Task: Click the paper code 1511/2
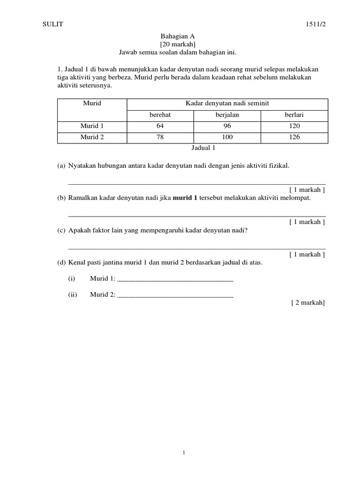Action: pos(315,25)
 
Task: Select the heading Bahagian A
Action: pos(178,36)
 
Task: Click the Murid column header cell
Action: pos(92,103)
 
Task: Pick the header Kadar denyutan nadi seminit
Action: pos(227,103)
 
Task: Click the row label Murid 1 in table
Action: pos(92,126)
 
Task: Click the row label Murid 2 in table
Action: pos(92,137)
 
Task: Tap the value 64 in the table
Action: pos(161,126)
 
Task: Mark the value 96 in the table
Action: pos(228,126)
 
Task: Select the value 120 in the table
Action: pos(294,126)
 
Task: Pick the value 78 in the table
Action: pos(161,137)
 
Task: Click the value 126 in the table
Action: pos(294,137)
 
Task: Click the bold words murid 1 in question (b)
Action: pos(186,198)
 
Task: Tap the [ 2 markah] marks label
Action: pos(307,303)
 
